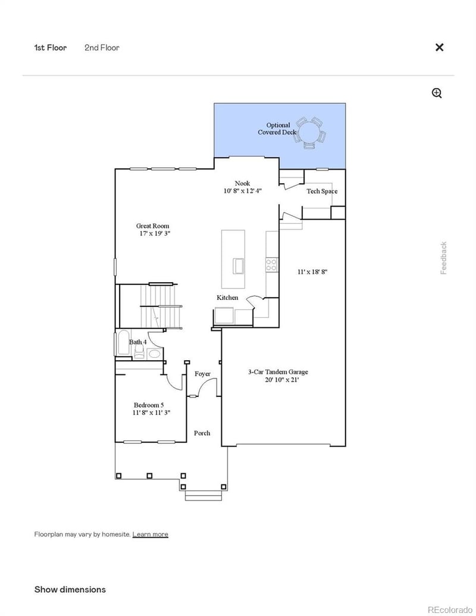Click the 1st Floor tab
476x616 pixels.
(51, 48)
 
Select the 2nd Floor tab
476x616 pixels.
(102, 48)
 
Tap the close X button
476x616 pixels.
(439, 48)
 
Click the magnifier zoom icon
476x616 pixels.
(437, 93)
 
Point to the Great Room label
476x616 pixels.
(152, 226)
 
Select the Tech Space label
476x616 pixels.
(322, 191)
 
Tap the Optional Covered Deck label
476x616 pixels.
(277, 129)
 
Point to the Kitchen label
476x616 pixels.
(227, 298)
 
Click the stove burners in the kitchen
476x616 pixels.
(271, 264)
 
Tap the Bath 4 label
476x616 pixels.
(137, 342)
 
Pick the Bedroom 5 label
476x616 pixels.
(149, 405)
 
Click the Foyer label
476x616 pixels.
(202, 374)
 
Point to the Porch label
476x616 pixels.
(202, 433)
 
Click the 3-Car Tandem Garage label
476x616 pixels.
(278, 372)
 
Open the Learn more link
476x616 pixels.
(150, 534)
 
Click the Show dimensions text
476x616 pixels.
(70, 589)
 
